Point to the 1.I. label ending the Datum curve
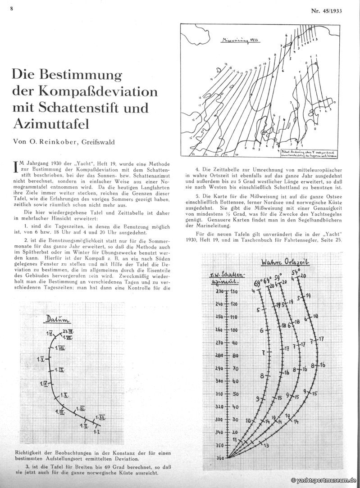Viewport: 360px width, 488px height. click(96, 431)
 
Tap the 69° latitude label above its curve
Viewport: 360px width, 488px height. click(258, 285)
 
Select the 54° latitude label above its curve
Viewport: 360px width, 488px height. click(309, 272)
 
